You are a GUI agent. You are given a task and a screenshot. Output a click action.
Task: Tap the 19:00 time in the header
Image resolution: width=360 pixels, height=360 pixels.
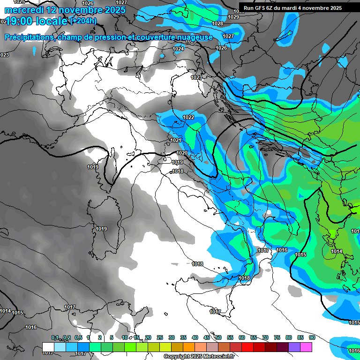(x=20, y=21)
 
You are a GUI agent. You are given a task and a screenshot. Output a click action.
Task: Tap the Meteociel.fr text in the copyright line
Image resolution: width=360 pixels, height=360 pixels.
(x=220, y=357)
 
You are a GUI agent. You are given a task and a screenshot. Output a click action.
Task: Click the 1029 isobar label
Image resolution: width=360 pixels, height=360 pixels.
(x=233, y=17)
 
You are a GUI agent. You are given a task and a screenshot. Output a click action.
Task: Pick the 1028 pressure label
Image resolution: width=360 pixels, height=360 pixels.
(x=217, y=23)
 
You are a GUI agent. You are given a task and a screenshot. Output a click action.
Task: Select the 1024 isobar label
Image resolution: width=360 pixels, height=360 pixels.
(x=178, y=49)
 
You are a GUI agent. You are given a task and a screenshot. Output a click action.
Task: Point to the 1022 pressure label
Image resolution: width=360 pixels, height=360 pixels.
(x=188, y=117)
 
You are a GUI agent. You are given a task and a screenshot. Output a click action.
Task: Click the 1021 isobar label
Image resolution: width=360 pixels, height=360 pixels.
(x=176, y=140)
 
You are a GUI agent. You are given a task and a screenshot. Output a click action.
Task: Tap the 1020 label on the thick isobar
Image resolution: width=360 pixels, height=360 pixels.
(x=182, y=153)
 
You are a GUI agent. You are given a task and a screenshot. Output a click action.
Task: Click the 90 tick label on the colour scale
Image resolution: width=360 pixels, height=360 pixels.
(x=312, y=337)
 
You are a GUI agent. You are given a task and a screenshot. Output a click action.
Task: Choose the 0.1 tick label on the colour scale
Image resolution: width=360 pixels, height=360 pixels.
(x=55, y=337)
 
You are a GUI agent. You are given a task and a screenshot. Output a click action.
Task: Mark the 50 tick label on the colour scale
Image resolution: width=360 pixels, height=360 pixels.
(x=218, y=337)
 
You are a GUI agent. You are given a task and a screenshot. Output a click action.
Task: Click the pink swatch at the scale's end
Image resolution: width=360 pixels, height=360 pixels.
(x=306, y=346)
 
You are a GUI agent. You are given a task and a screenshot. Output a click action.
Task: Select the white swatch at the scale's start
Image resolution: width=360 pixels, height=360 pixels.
(x=48, y=346)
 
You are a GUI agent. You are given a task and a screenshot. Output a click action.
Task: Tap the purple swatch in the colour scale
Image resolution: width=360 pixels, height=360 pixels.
(x=294, y=346)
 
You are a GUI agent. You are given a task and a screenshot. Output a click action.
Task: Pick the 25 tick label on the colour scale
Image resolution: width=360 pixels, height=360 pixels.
(x=160, y=337)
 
